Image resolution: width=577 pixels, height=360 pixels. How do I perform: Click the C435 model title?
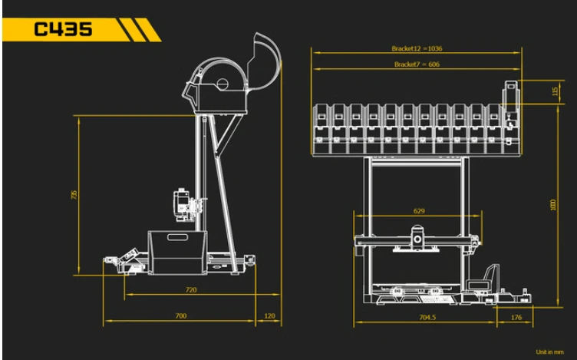[x=63, y=29]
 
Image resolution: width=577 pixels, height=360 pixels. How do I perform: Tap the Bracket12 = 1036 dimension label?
[x=417, y=48]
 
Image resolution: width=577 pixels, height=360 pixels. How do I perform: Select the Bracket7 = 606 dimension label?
[x=417, y=64]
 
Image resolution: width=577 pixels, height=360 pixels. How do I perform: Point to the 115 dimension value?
[x=556, y=91]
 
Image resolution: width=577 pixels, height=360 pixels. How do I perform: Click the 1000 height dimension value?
[x=552, y=205]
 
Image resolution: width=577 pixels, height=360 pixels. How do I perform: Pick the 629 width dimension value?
[x=419, y=211]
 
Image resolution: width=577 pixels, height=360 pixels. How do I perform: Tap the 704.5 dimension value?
[x=427, y=317]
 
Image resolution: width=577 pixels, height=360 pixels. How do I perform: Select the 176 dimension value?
[x=516, y=317]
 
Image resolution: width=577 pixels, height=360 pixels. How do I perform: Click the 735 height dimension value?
[x=74, y=195]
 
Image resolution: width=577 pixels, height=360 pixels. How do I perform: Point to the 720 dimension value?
[x=191, y=290]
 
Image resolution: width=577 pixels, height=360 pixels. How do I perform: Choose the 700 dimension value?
[x=180, y=315]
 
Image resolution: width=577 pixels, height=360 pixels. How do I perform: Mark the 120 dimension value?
[x=270, y=315]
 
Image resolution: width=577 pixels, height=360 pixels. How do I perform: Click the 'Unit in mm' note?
[x=550, y=352]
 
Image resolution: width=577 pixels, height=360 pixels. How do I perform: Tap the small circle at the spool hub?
[x=223, y=84]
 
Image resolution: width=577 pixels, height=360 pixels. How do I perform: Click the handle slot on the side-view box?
[x=178, y=237]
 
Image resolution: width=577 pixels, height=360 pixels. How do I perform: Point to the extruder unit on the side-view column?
[x=182, y=205]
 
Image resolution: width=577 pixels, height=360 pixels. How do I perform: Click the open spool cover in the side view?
[x=264, y=61]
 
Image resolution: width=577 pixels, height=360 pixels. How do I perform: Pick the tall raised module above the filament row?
[x=511, y=104]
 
